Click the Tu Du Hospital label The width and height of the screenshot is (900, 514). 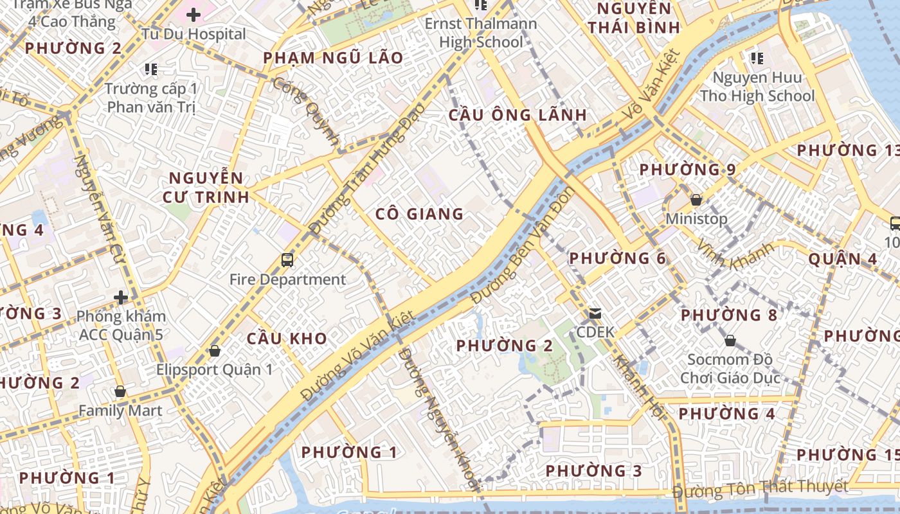[194, 34]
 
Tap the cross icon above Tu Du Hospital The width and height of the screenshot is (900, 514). [194, 14]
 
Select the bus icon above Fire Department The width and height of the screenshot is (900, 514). [287, 260]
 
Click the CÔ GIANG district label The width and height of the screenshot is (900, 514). [419, 214]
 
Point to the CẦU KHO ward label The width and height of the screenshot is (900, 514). [287, 339]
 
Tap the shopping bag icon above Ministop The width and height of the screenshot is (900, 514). [696, 200]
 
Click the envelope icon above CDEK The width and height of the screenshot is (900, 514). [595, 314]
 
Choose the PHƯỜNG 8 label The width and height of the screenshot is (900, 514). [729, 315]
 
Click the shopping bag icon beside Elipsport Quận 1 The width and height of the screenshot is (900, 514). [215, 351]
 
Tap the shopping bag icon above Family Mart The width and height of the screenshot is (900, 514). [120, 391]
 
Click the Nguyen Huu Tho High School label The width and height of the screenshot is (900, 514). [757, 87]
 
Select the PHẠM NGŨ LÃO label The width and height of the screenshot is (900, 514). [333, 58]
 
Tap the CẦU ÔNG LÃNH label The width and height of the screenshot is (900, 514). [517, 115]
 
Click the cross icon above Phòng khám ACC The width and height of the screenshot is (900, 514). [121, 297]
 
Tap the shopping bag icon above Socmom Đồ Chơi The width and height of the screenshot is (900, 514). [730, 340]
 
